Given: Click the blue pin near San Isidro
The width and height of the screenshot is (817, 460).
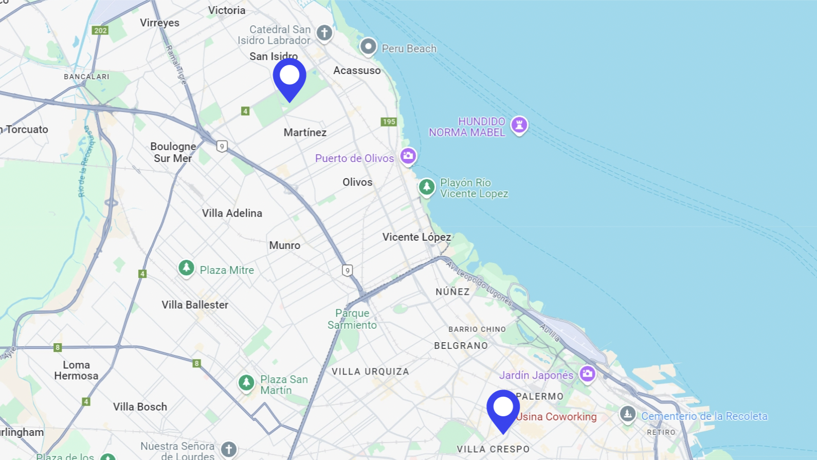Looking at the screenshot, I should [289, 78].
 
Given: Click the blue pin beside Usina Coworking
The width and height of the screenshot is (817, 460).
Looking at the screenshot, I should [503, 410].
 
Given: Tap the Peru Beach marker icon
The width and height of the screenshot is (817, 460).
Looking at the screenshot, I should [368, 47].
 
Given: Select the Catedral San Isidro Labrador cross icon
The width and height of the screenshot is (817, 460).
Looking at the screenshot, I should [324, 33].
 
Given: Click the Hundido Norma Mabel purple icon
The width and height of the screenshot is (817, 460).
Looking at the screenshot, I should [519, 125].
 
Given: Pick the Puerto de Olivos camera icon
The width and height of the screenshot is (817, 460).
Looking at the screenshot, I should [408, 155].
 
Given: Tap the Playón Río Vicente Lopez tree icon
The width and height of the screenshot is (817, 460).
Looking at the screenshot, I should [426, 187].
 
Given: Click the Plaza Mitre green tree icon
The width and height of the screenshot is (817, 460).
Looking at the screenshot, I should [186, 268].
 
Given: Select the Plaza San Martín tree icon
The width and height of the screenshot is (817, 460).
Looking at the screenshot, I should [246, 382].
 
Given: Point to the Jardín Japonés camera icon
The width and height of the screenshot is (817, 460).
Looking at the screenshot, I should [587, 374].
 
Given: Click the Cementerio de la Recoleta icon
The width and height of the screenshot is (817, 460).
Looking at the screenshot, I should [627, 414].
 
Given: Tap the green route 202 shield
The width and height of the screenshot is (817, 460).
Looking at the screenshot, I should [100, 30].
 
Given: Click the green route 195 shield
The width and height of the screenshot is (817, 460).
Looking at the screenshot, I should [389, 122].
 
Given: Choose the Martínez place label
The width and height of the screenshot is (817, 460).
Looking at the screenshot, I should [305, 132].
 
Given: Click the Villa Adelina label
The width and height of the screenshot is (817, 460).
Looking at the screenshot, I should [232, 213].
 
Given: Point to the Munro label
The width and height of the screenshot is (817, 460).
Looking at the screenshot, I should [284, 245].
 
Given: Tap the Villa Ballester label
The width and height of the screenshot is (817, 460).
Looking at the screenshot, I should [195, 305].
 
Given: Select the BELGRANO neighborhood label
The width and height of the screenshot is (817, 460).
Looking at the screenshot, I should [461, 346].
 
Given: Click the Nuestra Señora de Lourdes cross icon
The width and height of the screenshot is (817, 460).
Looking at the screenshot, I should [229, 449].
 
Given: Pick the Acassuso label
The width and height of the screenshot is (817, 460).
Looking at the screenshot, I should [357, 70].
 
